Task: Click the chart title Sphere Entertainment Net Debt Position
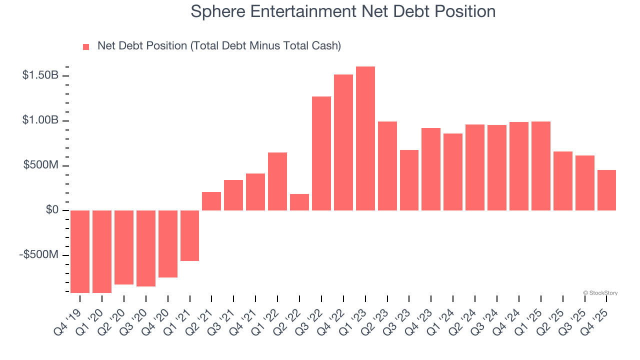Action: coord(343,11)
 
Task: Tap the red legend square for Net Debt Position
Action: coord(86,46)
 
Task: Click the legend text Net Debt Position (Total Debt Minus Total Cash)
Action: coord(219,46)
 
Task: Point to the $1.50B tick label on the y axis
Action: coord(40,75)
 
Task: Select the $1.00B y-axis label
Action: coord(40,120)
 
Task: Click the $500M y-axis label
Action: coord(41,165)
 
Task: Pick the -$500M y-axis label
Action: coord(39,255)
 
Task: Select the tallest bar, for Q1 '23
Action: coord(365,138)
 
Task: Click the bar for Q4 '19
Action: coord(80,251)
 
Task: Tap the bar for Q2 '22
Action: coord(299,202)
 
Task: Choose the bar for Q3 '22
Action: coord(321,153)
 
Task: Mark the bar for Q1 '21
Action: coord(189,235)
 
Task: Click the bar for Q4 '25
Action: coord(606,190)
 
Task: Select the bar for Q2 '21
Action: coord(211,201)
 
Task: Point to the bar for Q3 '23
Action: coord(409,180)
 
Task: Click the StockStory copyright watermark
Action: coord(600,293)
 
